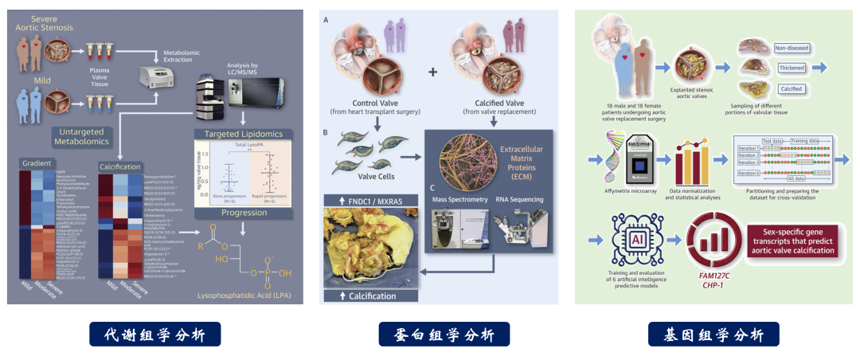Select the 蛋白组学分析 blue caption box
point(444,334)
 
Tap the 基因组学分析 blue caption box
point(713,334)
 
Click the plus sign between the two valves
point(433,72)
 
